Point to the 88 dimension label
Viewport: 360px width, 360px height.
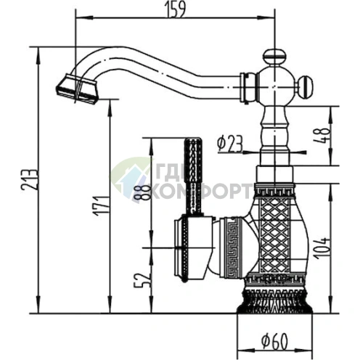click(x=144, y=192)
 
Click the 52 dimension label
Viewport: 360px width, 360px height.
click(x=144, y=278)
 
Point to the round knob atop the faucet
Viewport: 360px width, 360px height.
click(x=274, y=54)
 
